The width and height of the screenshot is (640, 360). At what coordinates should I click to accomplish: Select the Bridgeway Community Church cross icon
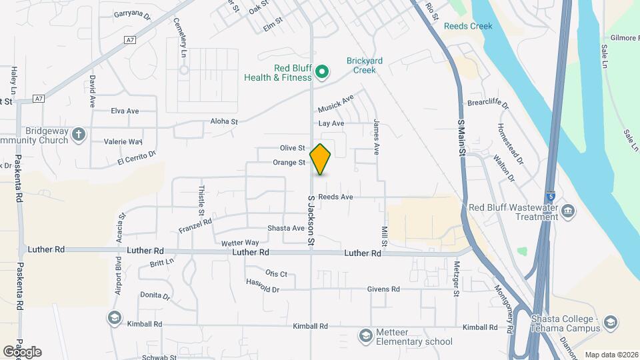[79, 134]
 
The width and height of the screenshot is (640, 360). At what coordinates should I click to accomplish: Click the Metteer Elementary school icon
[365, 335]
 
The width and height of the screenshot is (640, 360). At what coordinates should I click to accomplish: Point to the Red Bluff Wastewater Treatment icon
[567, 211]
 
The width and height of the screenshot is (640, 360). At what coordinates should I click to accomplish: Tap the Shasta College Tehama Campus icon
[610, 324]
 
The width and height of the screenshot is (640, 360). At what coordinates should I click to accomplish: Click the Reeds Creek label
[468, 27]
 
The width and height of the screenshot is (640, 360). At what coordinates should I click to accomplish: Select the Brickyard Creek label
[364, 65]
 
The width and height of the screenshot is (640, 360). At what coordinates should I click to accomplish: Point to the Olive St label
[293, 148]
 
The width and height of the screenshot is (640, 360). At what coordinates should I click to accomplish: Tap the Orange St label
[289, 163]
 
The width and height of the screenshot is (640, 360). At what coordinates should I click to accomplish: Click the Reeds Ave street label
[335, 197]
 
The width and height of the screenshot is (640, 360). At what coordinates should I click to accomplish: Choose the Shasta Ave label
[286, 228]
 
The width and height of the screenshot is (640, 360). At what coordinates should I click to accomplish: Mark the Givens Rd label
[383, 289]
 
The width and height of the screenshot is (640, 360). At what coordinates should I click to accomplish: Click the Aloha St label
[224, 122]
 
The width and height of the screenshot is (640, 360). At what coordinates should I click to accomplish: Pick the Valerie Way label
[123, 141]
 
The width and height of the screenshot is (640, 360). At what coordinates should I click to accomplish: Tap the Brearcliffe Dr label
[487, 105]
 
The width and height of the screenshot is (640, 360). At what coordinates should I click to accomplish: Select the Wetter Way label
[240, 243]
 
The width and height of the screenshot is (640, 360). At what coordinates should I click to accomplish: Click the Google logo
[21, 352]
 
